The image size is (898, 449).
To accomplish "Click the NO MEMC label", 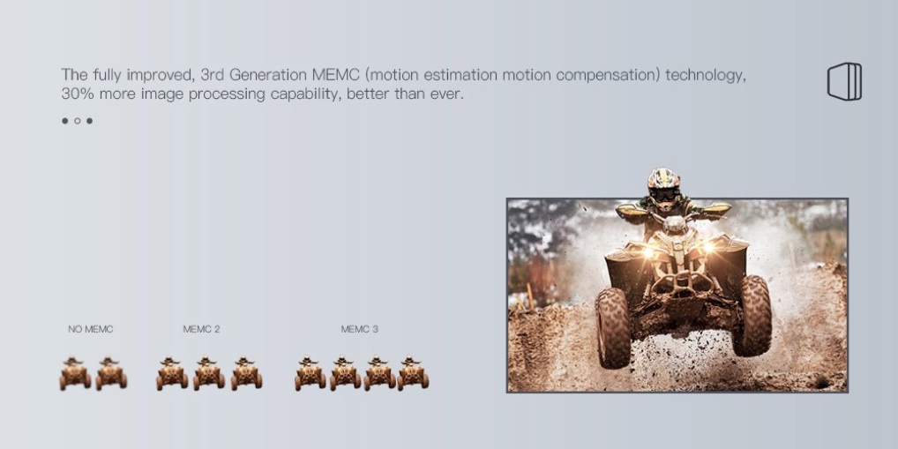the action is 91,329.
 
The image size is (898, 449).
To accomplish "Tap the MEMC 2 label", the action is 201,329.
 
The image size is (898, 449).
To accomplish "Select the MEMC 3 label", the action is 359,329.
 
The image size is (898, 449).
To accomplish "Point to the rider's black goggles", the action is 664,195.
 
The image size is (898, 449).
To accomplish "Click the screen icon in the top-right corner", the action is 844,81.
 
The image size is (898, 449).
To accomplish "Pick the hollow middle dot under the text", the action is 78,121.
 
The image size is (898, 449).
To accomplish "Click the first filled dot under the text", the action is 64,121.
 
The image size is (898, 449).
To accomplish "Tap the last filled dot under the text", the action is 89,121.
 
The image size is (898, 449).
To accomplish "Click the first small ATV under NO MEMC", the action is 75,373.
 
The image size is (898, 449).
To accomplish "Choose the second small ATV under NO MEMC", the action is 111,373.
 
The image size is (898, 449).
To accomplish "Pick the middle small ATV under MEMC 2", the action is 208,373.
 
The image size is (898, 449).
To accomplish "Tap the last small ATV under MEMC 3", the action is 413,373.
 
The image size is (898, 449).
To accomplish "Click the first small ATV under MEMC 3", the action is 310,373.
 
